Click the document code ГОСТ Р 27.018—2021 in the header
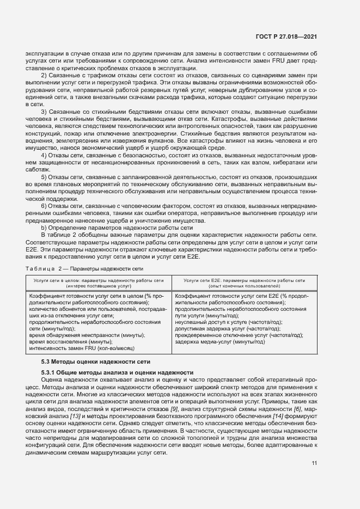[x=287, y=36]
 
